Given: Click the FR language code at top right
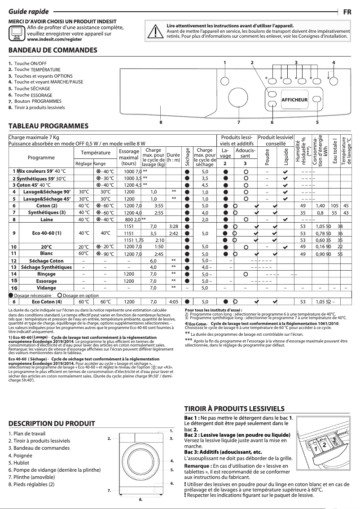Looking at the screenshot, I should pos(347,12).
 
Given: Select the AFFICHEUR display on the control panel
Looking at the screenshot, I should pos(294,99).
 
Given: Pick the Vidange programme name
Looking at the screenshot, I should pos(47,288).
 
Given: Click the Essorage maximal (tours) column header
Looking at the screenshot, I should pos(129,158).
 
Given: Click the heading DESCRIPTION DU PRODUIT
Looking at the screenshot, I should pos(52,423).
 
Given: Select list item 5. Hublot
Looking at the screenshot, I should pos(21,468).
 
